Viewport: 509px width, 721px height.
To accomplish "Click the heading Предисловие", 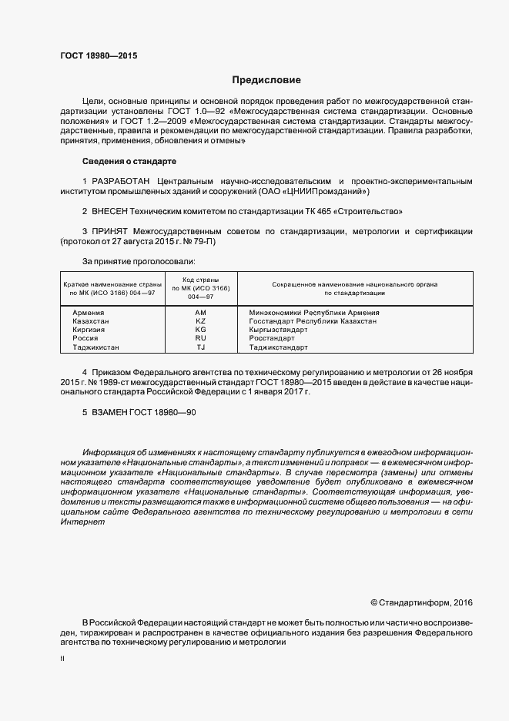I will [x=266, y=80].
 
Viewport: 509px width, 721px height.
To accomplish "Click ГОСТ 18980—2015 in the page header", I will [x=93, y=56].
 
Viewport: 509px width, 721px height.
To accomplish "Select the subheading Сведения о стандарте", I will [x=129, y=161].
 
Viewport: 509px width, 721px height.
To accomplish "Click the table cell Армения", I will [x=89, y=312].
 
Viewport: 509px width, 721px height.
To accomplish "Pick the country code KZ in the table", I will [x=201, y=320].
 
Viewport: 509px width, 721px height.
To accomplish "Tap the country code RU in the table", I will [x=201, y=338].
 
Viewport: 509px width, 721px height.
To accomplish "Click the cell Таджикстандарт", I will [x=278, y=347].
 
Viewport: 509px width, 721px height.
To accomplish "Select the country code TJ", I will [x=201, y=347].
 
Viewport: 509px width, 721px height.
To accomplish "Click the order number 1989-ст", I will [x=114, y=381].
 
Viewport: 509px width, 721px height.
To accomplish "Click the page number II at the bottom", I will [x=62, y=660].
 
